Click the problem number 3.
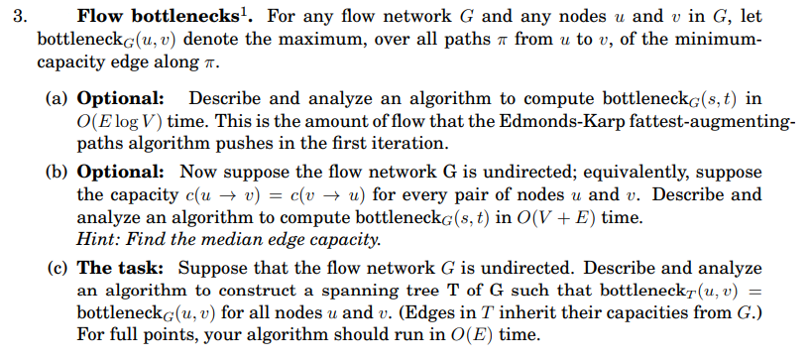click(x=14, y=17)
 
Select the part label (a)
click(x=58, y=99)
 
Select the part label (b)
click(x=58, y=171)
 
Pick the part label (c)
click(x=58, y=269)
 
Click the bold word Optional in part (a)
click(x=119, y=99)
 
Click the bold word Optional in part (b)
click(x=119, y=171)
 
